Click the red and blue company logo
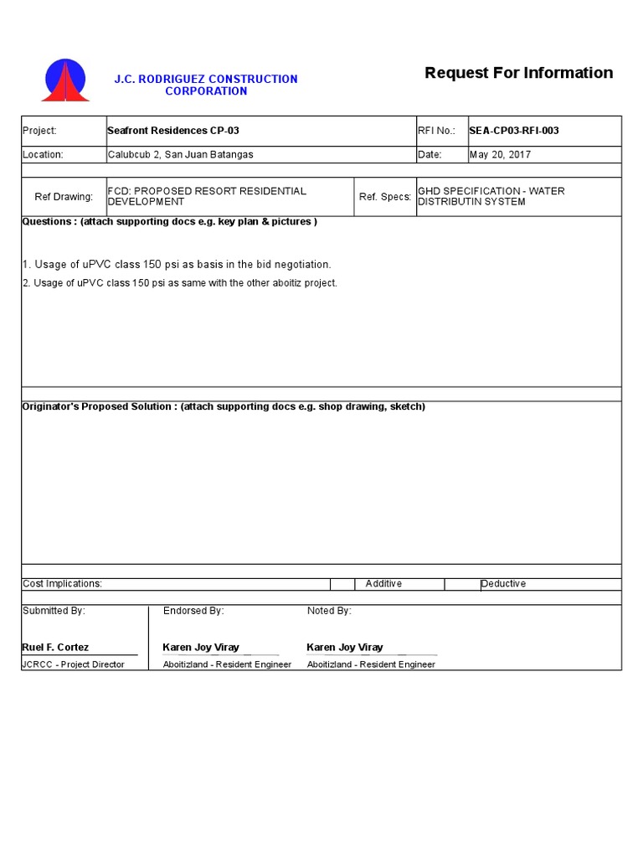65,81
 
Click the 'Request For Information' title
518,73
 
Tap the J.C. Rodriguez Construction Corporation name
206,85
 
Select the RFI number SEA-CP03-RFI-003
514,131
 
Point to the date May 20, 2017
500,155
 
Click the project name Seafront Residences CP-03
173,131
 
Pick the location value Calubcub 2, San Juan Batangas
180,155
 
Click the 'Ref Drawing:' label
64,197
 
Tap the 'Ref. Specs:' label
385,197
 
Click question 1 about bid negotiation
177,265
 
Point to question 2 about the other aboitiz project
180,283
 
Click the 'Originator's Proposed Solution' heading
224,406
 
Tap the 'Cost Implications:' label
63,584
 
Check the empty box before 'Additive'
342,584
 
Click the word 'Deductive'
503,584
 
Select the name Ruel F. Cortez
55,648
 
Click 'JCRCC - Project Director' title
74,664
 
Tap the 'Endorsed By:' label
193,611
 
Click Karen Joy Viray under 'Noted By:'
345,648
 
